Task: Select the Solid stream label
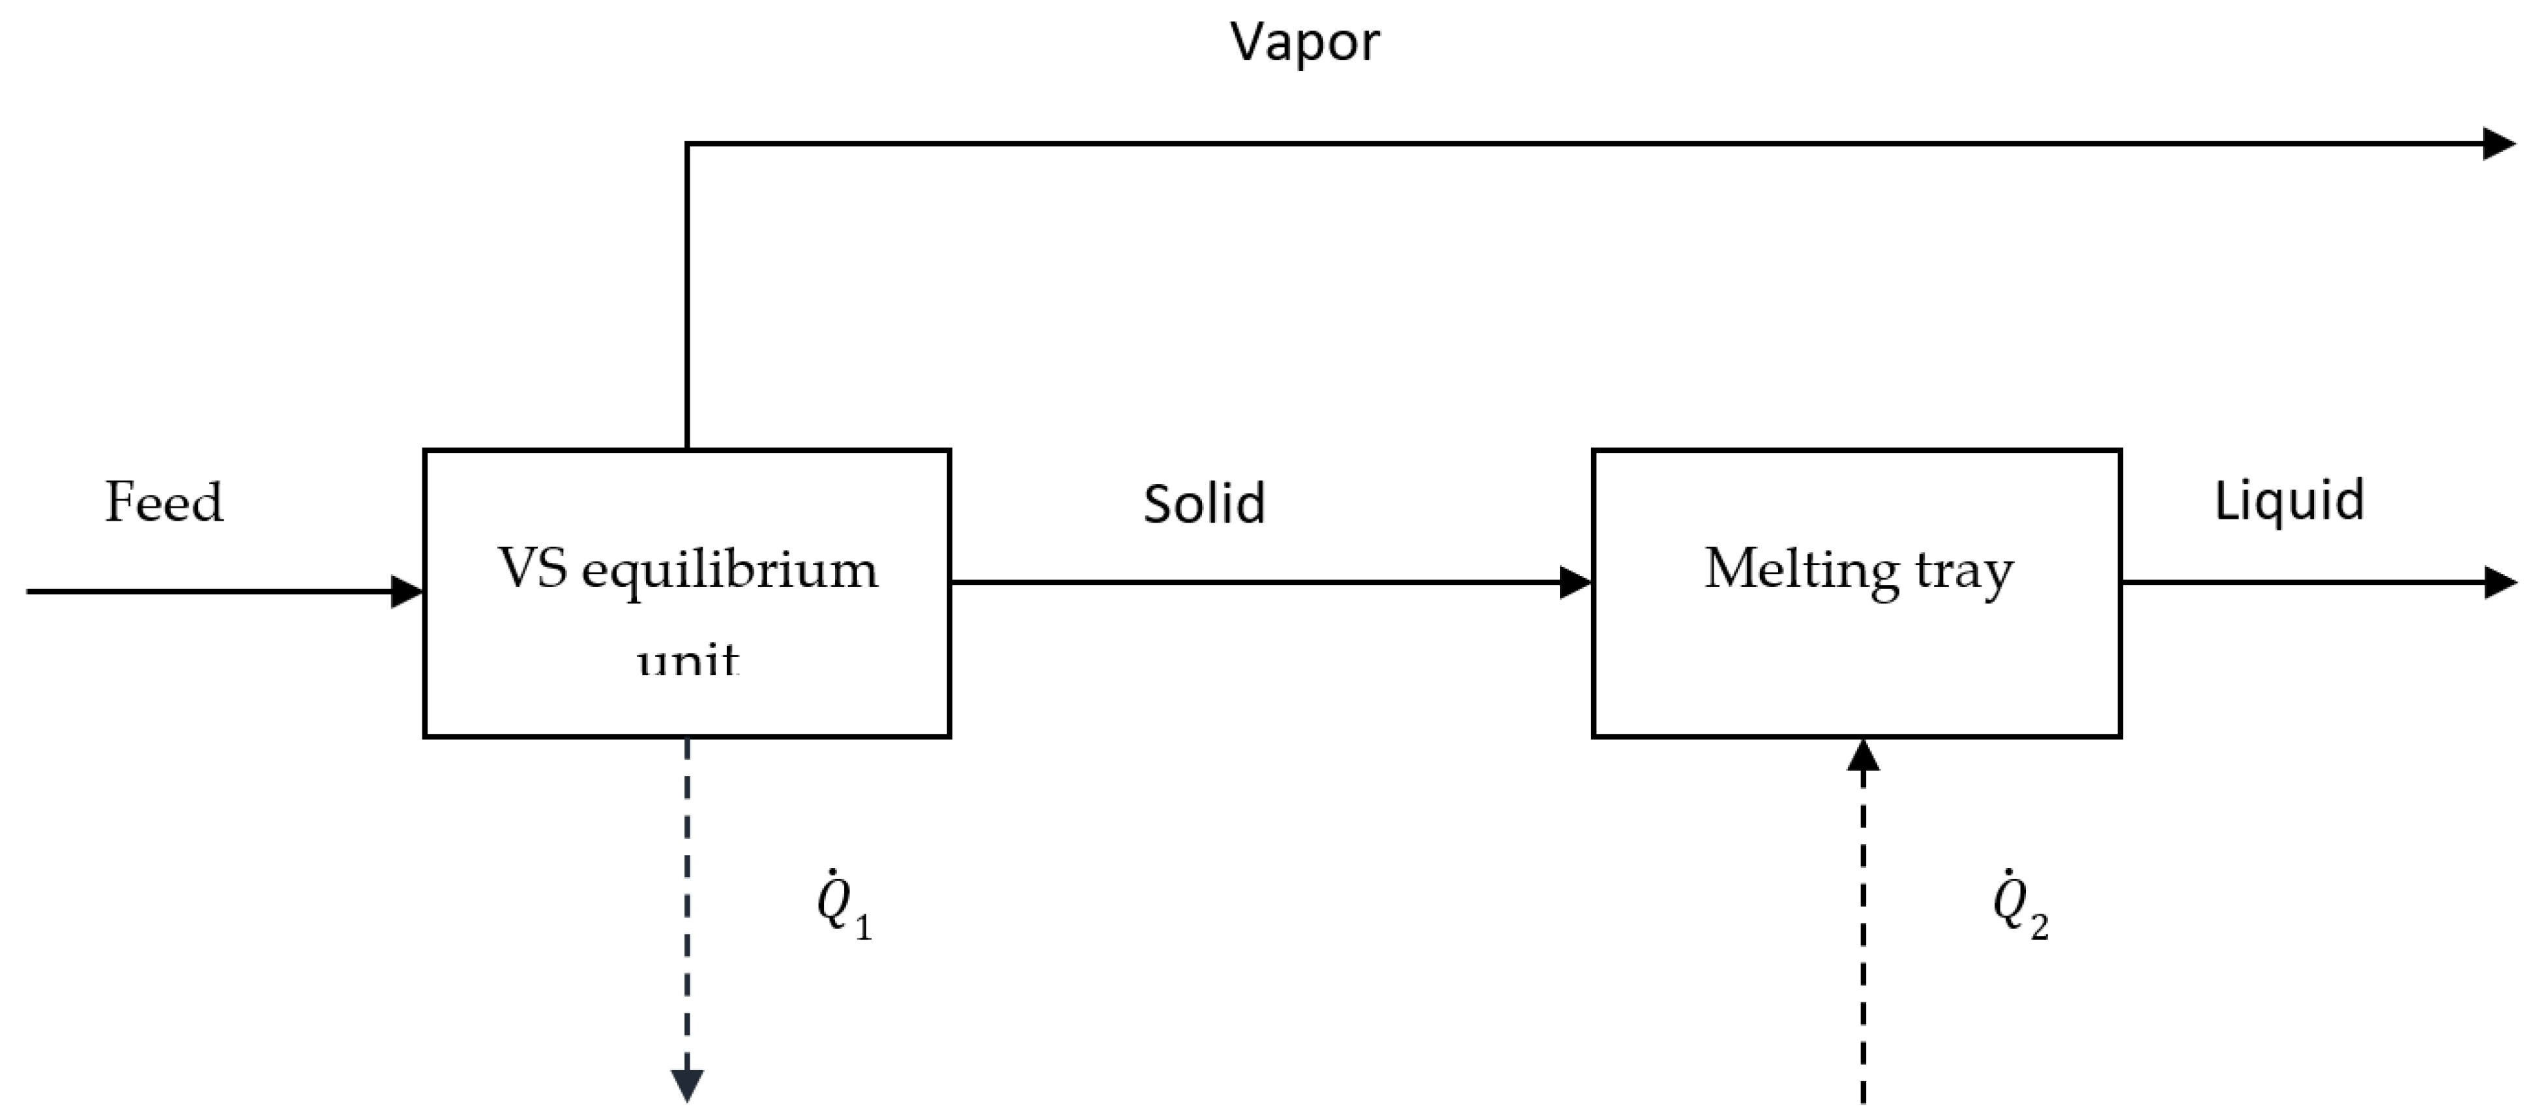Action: tap(1203, 504)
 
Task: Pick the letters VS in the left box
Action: tap(532, 568)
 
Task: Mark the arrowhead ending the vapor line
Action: tap(2498, 143)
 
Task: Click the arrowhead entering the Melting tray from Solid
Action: tap(1575, 582)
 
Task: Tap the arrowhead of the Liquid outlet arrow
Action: tap(2498, 582)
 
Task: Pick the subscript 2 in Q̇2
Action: tap(2040, 926)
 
